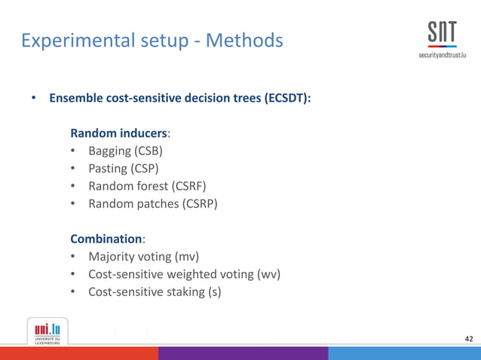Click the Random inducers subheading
click(x=118, y=133)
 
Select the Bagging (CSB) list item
click(x=125, y=151)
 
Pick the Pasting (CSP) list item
click(x=123, y=168)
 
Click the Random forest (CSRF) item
click(x=147, y=186)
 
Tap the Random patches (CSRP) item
click(x=152, y=203)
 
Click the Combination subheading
click(x=106, y=239)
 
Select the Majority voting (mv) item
click(x=143, y=256)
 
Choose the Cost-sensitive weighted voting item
click(x=184, y=274)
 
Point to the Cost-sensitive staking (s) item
click(x=155, y=291)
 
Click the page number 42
click(x=469, y=339)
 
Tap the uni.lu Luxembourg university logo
click(x=48, y=331)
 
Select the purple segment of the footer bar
click(x=243, y=353)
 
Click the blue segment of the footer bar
click(x=404, y=353)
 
